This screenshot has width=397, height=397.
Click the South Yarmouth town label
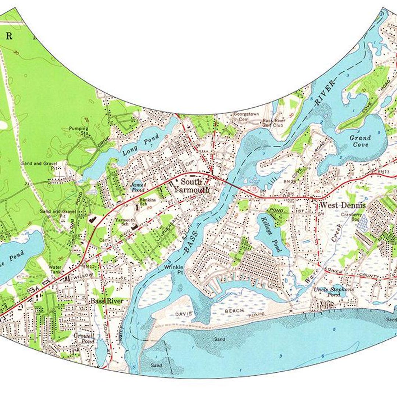coord(191,186)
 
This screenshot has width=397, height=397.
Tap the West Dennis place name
coord(343,205)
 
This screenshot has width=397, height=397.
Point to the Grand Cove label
coord(360,141)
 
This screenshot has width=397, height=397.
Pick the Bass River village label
coord(107,301)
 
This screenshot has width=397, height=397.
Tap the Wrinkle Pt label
coord(174,269)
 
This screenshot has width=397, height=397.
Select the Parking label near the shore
coord(256,315)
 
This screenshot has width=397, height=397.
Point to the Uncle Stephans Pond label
coord(333,292)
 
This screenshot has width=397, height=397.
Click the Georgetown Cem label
coord(246,117)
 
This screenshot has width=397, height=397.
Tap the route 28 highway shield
coord(254,188)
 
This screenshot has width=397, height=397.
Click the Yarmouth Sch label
coord(123,222)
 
